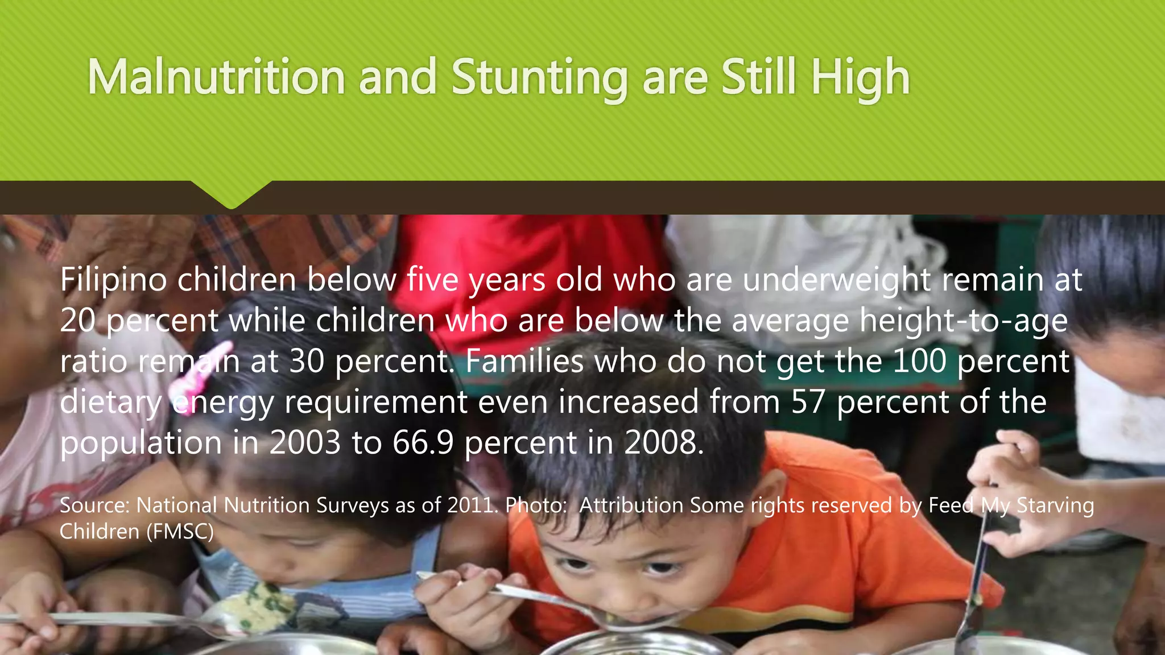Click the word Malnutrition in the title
[x=216, y=77]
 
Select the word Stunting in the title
[x=539, y=78]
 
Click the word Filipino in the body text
[x=113, y=280]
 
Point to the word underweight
[x=837, y=280]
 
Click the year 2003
[x=305, y=443]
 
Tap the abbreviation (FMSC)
[x=180, y=532]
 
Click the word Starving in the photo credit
[x=1055, y=505]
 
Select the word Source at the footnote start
[x=94, y=505]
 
